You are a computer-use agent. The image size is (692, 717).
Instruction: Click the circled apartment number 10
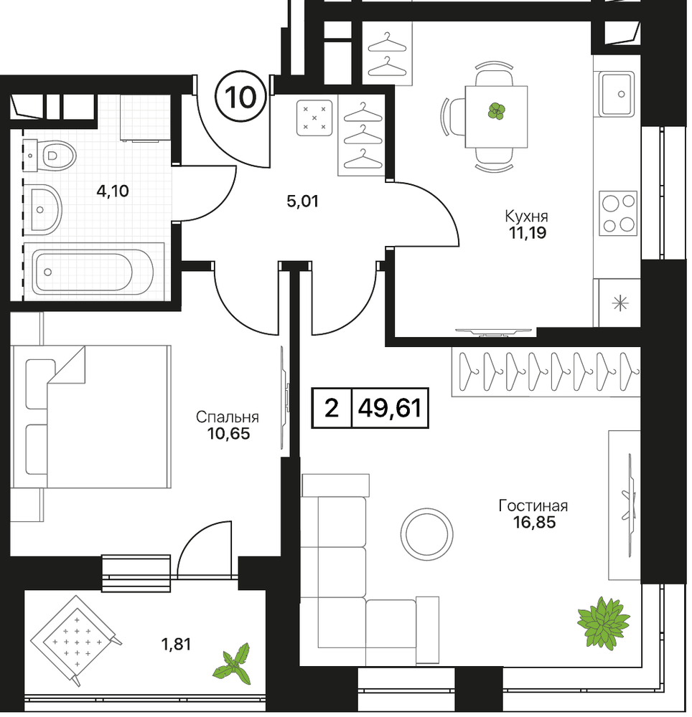(x=240, y=97)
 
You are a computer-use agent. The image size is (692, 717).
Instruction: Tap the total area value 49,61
(x=390, y=407)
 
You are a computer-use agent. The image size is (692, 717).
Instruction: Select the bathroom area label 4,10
(x=113, y=191)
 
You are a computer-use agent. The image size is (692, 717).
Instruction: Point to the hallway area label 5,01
(x=302, y=201)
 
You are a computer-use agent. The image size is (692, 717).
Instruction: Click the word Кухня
(x=526, y=216)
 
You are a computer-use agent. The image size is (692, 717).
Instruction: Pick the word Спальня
(x=228, y=417)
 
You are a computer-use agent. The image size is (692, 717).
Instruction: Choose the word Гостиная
(x=533, y=505)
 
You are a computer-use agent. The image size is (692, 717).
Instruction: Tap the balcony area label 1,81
(x=176, y=645)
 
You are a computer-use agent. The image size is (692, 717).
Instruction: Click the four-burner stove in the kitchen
(x=618, y=213)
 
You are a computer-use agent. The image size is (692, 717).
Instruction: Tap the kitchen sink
(x=617, y=94)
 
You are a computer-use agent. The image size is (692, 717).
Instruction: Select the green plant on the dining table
(x=496, y=110)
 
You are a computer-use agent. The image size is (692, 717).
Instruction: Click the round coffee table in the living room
(x=427, y=535)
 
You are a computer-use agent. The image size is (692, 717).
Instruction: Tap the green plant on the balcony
(x=233, y=664)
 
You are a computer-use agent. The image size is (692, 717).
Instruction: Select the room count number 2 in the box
(x=332, y=407)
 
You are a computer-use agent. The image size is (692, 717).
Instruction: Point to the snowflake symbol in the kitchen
(x=620, y=303)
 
